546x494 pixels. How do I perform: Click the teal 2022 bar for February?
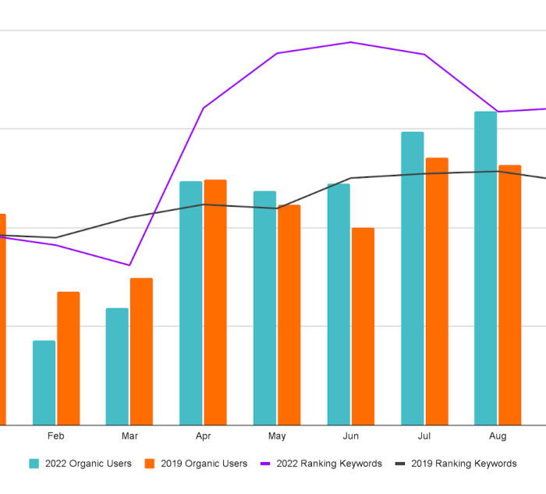(x=44, y=382)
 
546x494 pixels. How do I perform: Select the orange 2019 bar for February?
(x=68, y=358)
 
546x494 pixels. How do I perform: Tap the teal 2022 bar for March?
(x=117, y=366)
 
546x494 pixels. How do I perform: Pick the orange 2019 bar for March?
(x=141, y=351)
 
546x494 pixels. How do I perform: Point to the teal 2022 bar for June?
(x=339, y=304)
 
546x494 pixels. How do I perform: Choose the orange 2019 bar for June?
(x=363, y=326)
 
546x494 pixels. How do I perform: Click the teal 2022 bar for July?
(x=413, y=278)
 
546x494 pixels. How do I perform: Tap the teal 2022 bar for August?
(x=485, y=268)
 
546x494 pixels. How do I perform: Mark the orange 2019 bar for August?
(x=509, y=295)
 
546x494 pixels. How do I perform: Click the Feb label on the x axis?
(x=55, y=436)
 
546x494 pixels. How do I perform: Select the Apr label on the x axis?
(x=203, y=436)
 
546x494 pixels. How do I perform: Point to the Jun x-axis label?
(x=351, y=436)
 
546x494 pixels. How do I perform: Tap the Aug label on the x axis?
(x=498, y=436)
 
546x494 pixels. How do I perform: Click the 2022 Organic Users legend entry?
(x=80, y=464)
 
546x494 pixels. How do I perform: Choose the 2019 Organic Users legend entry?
(x=195, y=464)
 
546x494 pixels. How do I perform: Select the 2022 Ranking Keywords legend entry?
(x=321, y=464)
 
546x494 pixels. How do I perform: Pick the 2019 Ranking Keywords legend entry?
(x=456, y=464)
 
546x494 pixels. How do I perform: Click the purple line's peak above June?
(x=351, y=42)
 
